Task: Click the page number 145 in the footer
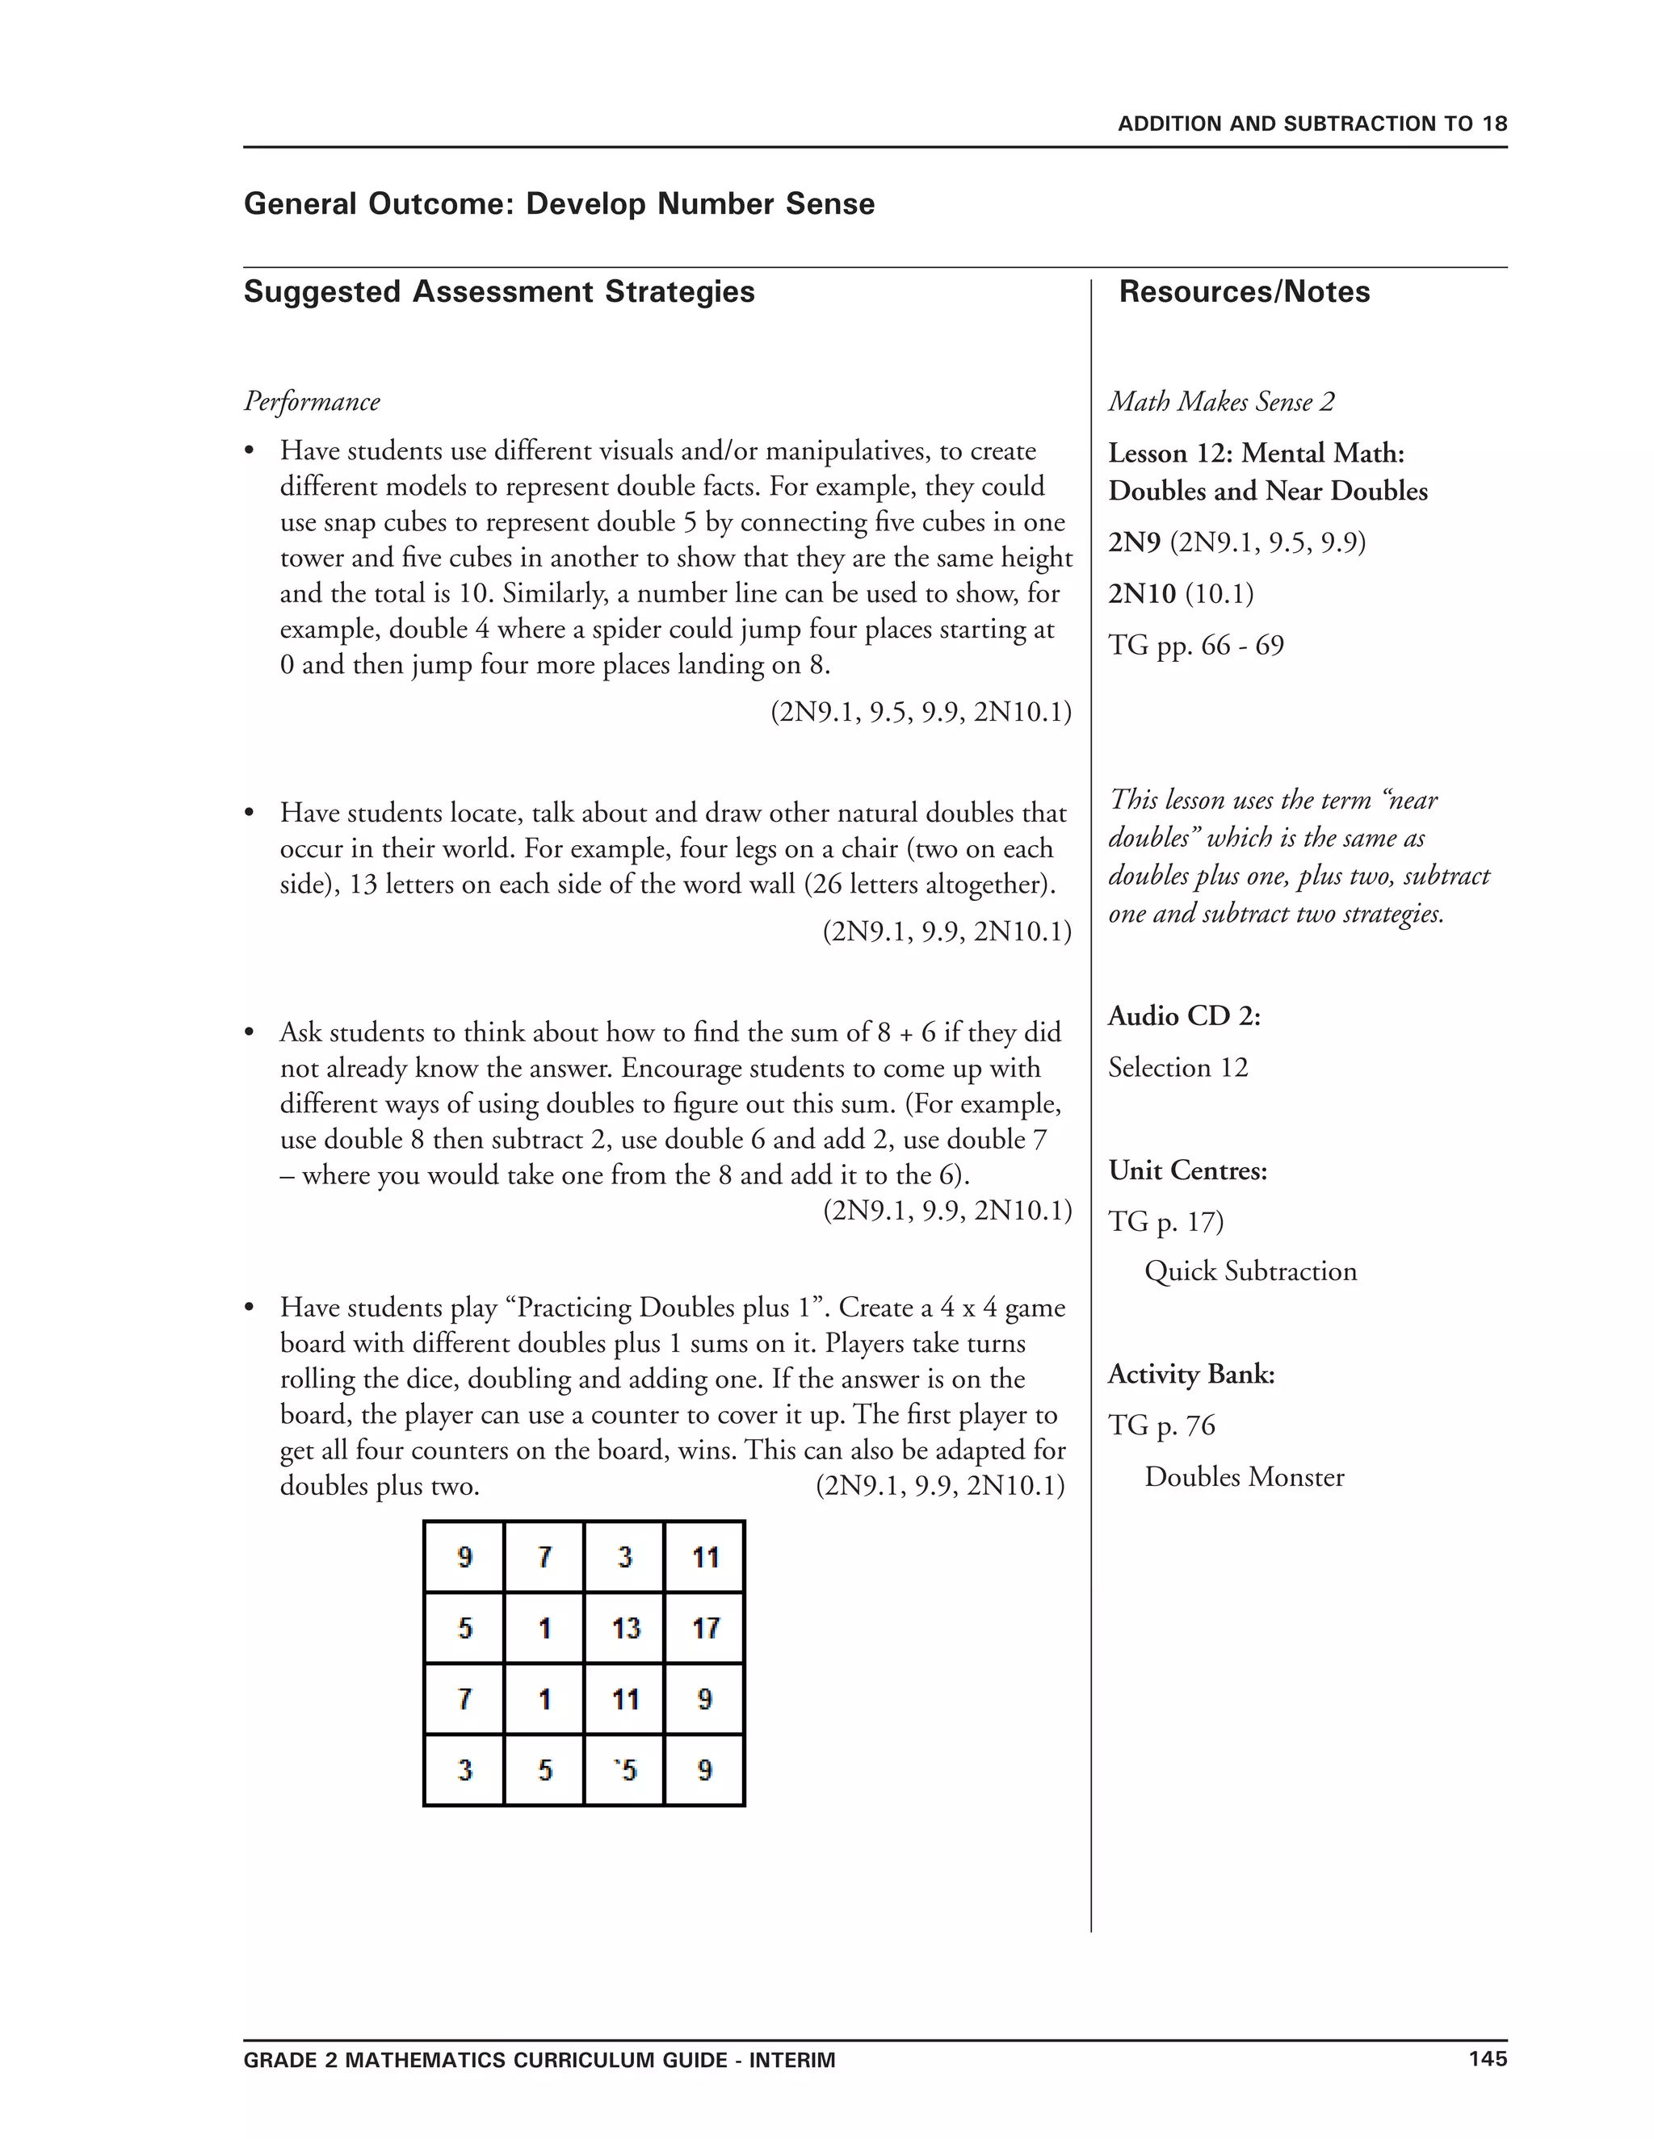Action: click(x=1487, y=2059)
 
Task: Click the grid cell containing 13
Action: click(x=624, y=1628)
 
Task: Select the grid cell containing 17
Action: click(x=704, y=1628)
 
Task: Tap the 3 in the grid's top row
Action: click(x=624, y=1557)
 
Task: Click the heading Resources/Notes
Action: click(x=1244, y=292)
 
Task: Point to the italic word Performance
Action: click(x=312, y=401)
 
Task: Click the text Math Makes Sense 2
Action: click(x=1221, y=401)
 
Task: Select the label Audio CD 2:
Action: click(x=1184, y=1016)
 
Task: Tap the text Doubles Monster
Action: click(x=1244, y=1477)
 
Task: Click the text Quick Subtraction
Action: click(x=1250, y=1271)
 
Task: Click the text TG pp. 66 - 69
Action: click(x=1195, y=646)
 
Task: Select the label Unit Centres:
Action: click(x=1187, y=1170)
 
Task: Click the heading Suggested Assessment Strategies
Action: click(x=499, y=292)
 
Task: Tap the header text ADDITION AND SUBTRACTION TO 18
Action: click(x=1312, y=124)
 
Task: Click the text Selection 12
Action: click(x=1178, y=1068)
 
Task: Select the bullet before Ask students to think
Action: click(x=250, y=1032)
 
